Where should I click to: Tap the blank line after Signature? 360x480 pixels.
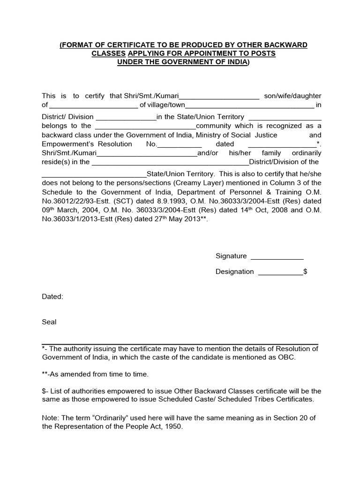tap(277, 256)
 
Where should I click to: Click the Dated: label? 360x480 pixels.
tap(52, 297)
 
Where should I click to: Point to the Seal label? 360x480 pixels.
tap(49, 322)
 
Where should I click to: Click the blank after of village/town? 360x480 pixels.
tap(249, 105)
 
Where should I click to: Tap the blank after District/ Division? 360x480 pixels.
tap(126, 117)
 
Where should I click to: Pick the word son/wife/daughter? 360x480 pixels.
tap(293, 96)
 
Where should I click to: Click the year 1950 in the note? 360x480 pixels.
tap(173, 427)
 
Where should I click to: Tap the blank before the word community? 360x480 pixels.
tap(145, 126)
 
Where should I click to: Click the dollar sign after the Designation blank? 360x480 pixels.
tap(306, 272)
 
